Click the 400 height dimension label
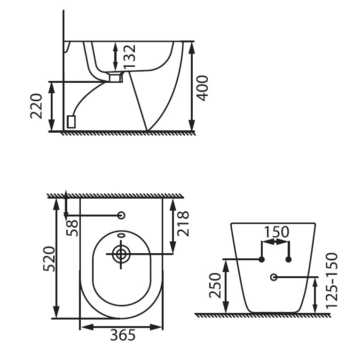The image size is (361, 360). point(203,87)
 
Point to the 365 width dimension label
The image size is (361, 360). point(123,335)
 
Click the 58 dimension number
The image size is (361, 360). point(73,226)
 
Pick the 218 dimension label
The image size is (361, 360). point(184,224)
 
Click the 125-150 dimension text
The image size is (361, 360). point(332,280)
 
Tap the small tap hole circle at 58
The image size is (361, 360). point(121,215)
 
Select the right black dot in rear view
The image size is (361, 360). point(289,259)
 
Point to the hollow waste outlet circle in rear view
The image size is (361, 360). point(274,277)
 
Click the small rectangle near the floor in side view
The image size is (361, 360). point(71,122)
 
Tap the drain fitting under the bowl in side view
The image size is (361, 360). point(115,77)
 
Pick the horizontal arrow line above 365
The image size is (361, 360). point(122,326)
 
